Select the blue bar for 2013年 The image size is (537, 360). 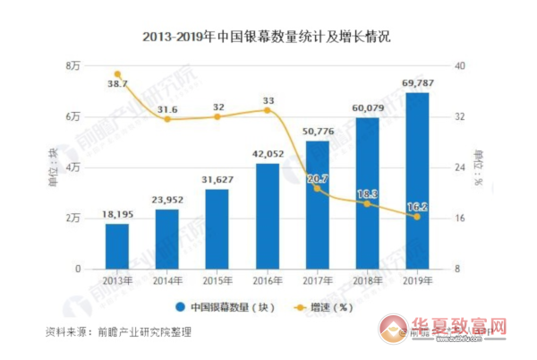(117, 245)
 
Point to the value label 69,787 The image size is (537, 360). (418, 84)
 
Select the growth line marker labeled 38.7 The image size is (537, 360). (117, 74)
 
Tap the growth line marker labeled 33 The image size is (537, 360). (268, 110)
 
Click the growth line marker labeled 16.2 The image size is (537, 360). (417, 217)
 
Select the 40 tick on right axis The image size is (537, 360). (460, 66)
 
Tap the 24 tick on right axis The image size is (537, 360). (460, 167)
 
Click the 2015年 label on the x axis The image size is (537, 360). (217, 282)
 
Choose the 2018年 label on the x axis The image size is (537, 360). (368, 282)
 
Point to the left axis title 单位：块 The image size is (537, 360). (53, 167)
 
